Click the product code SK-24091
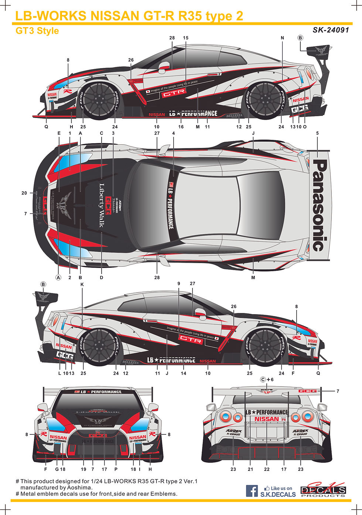(331, 30)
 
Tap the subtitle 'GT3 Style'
(37, 30)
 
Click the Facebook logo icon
(252, 491)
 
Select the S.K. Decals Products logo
(323, 491)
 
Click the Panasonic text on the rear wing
(320, 205)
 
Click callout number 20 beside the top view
(24, 193)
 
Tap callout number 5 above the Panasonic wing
(317, 133)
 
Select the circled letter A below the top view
(58, 277)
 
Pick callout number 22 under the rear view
(267, 469)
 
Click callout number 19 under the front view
(83, 469)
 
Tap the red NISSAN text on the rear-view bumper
(266, 419)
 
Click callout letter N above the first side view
(283, 38)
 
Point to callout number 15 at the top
(186, 38)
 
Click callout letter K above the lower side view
(82, 285)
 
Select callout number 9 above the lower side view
(179, 283)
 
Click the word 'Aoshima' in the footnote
(77, 488)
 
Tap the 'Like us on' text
(281, 488)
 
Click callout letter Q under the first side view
(47, 127)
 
